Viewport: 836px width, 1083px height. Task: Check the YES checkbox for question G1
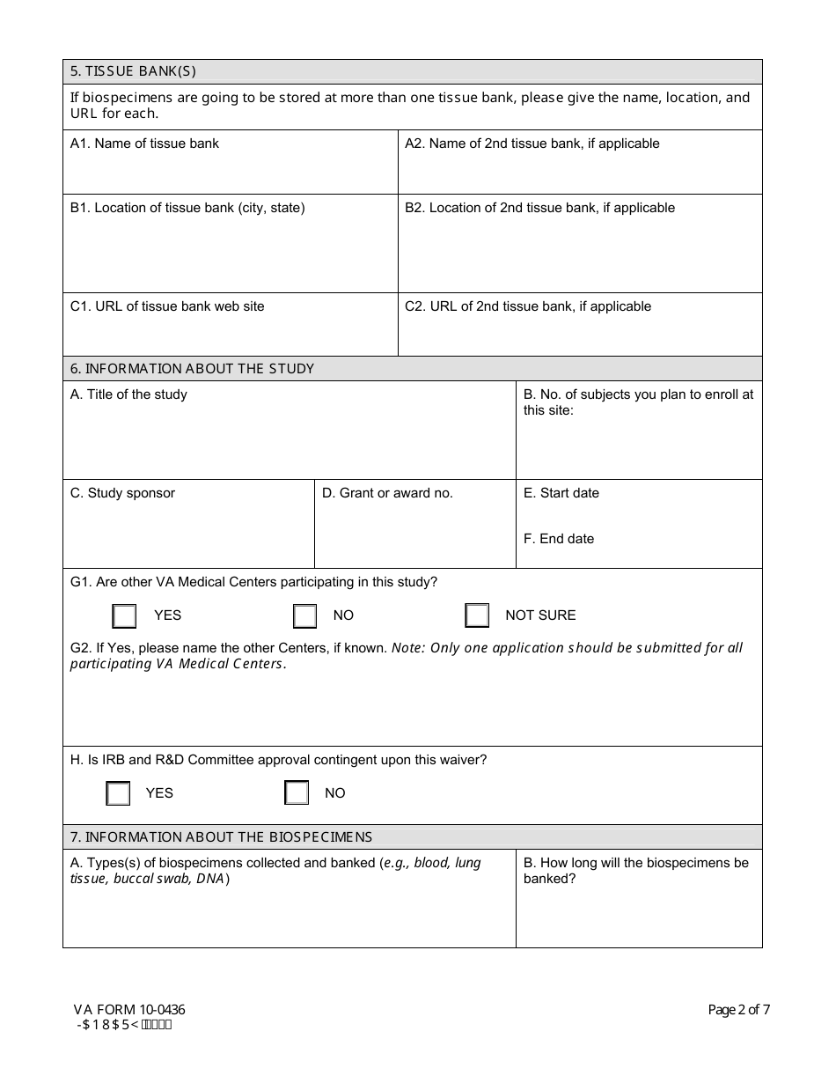click(x=124, y=615)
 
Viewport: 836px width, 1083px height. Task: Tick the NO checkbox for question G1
click(x=304, y=615)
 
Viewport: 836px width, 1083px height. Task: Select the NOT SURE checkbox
click(x=477, y=615)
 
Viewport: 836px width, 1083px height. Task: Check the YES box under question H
click(x=118, y=793)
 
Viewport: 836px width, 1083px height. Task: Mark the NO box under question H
click(x=297, y=793)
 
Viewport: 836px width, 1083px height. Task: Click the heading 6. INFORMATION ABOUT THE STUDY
click(x=192, y=369)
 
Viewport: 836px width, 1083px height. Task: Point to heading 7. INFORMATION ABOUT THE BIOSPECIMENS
click(x=221, y=837)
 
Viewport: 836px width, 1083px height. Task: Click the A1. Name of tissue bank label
click(x=144, y=144)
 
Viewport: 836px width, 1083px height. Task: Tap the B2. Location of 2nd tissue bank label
click(x=539, y=208)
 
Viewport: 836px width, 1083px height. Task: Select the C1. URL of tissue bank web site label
click(x=167, y=306)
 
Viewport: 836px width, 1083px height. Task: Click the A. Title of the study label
click(x=128, y=394)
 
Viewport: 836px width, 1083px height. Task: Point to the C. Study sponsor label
click(x=122, y=493)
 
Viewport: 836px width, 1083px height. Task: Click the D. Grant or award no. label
click(x=387, y=493)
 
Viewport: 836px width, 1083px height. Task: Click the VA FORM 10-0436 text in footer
click(x=129, y=1010)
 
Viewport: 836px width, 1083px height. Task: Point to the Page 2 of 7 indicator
click(x=738, y=1010)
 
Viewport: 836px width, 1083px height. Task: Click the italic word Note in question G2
click(x=407, y=648)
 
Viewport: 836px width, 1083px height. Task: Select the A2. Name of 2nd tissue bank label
click(x=532, y=144)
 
